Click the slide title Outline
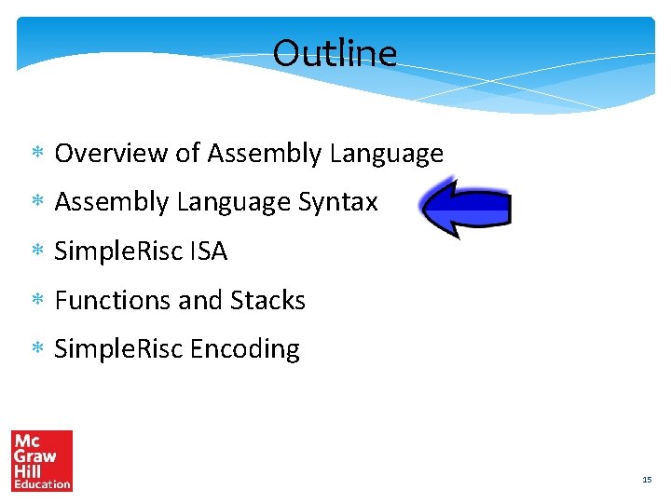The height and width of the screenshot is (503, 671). (335, 53)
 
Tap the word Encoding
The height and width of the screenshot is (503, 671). (245, 349)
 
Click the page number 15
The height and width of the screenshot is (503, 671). (646, 479)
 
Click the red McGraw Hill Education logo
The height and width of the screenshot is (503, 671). (42, 460)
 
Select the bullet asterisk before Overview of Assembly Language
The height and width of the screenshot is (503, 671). (38, 153)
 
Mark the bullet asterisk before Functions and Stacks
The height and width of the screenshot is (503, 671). (38, 301)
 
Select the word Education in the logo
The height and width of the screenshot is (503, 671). (42, 483)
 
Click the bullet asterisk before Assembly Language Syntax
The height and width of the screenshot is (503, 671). (38, 202)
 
